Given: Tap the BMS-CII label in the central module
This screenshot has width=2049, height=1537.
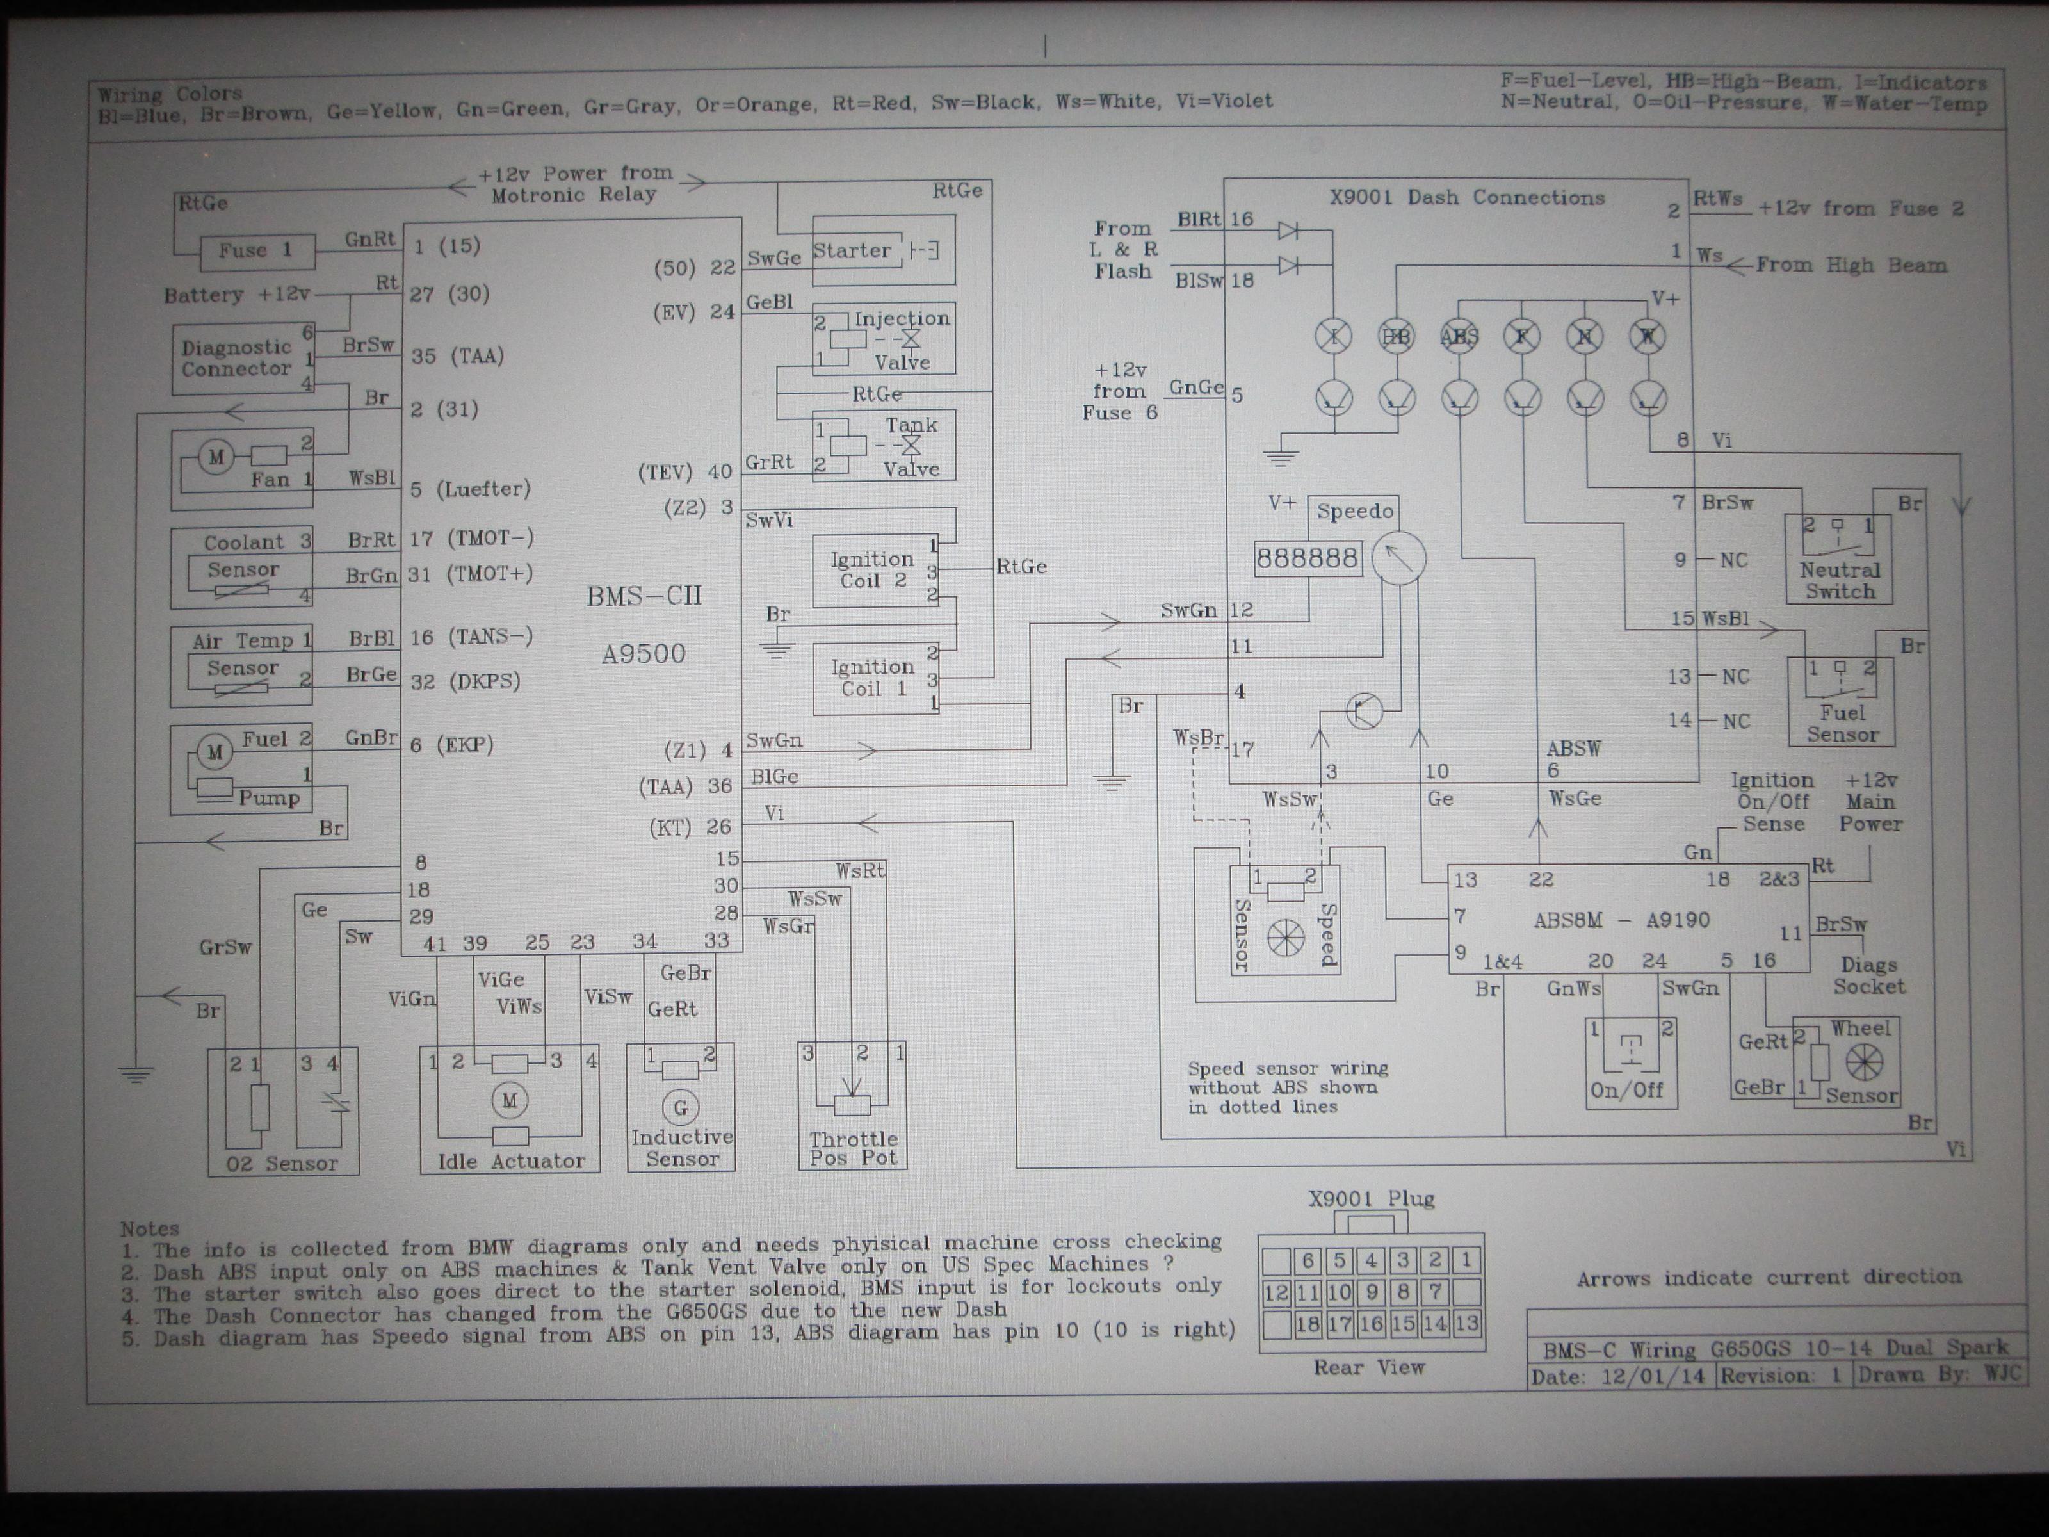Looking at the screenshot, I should pos(644,596).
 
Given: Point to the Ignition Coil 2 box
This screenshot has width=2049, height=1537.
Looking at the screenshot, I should pos(875,570).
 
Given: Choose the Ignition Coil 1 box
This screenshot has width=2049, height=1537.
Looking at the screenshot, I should pos(875,678).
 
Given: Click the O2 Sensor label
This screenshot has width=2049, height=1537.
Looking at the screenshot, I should pos(282,1164).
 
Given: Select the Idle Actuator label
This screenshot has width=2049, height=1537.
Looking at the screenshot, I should pos(510,1161).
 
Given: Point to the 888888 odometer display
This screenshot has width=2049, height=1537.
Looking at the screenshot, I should pos(1307,558).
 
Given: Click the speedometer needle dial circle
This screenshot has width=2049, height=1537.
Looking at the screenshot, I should pos(1398,558).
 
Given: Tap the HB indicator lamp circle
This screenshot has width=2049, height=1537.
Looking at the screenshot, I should pos(1396,336).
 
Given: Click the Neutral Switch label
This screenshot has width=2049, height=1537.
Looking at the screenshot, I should pos(1840,581).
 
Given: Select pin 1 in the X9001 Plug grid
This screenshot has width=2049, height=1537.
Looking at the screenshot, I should pos(1466,1260).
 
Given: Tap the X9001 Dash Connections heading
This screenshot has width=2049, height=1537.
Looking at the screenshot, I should pos(1466,197).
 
